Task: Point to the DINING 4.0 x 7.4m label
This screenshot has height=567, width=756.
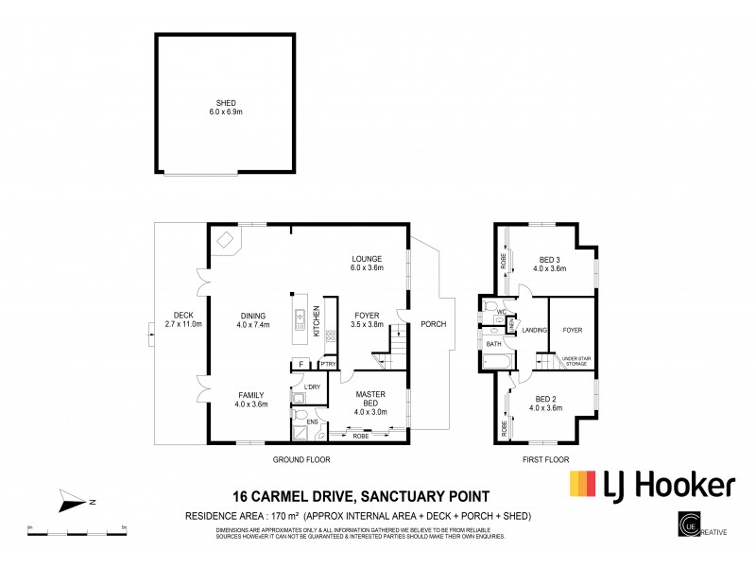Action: (x=252, y=320)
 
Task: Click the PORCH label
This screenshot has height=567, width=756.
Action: (x=433, y=324)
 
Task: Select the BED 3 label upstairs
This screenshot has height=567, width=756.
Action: (x=549, y=264)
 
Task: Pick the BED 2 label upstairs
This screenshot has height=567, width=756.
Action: (x=549, y=403)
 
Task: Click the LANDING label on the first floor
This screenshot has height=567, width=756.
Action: (x=534, y=330)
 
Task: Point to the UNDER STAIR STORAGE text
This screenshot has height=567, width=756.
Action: (x=573, y=359)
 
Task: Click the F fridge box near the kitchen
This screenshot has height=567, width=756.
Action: (x=301, y=364)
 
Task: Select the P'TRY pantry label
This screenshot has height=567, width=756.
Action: (x=328, y=364)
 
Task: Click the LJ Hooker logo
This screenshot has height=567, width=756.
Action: (x=651, y=485)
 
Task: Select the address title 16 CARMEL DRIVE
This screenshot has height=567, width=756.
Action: (x=362, y=495)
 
